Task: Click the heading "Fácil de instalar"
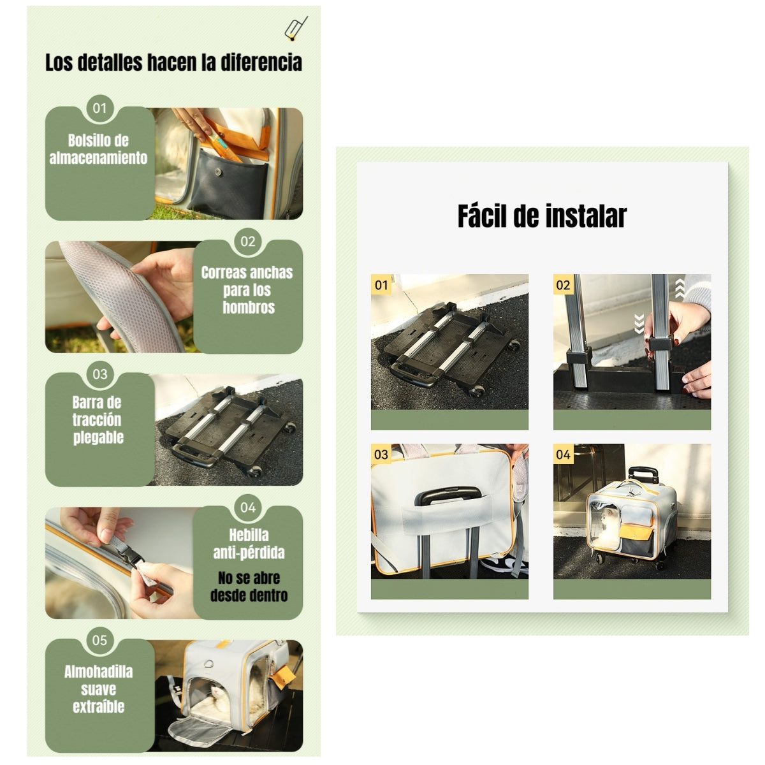pos(542,216)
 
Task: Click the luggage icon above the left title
pos(296,29)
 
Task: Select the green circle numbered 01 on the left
pos(99,108)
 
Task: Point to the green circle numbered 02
pos(248,242)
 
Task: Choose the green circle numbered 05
pos(99,640)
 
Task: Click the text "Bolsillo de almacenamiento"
pos(98,149)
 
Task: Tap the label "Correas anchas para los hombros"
pos(247,290)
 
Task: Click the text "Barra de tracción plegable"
pos(98,420)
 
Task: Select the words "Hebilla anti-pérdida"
pos(249,544)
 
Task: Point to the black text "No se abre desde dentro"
pos(249,586)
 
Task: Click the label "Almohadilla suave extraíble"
pos(98,689)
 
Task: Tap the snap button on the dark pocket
pos(217,171)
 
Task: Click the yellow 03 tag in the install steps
pos(381,454)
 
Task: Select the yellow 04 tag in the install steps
pos(564,454)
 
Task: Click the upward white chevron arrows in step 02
pos(680,288)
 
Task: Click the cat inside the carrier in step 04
pos(608,525)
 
